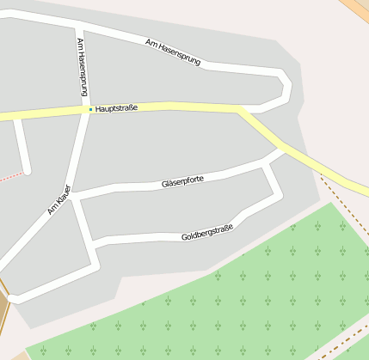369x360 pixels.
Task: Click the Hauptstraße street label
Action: click(x=117, y=108)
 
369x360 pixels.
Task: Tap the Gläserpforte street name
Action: click(x=182, y=181)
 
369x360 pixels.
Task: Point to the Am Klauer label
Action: click(x=58, y=198)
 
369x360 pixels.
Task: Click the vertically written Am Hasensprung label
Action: click(x=82, y=65)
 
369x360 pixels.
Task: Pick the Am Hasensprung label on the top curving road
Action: click(x=173, y=53)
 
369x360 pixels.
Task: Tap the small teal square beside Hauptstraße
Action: click(x=90, y=109)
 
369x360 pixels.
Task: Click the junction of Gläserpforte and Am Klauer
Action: click(x=73, y=197)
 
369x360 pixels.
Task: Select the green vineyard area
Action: click(x=258, y=292)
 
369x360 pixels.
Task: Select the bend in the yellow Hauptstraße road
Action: click(x=242, y=110)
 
